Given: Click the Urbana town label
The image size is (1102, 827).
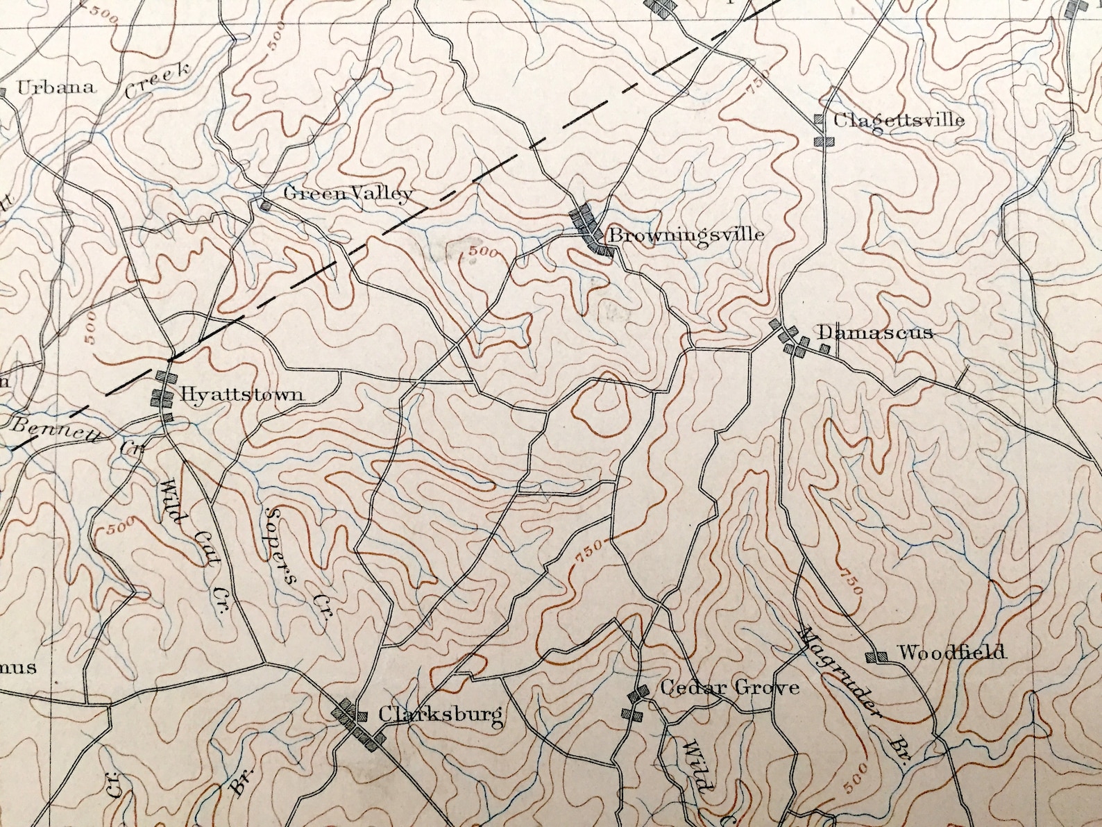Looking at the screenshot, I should pos(56,87).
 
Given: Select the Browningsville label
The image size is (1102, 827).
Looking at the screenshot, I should pos(686,235).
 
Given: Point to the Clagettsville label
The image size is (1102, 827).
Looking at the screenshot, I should pos(898,120).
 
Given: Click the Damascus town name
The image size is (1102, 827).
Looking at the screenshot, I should pos(875,333).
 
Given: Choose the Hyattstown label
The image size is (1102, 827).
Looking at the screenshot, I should pos(241,394).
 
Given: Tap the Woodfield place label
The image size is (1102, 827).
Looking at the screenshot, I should pos(951,653).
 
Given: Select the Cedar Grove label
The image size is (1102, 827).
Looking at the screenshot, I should pos(729,688).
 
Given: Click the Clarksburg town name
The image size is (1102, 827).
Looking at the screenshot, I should pos(440,714).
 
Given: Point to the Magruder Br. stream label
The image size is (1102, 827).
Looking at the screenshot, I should pos(854,694).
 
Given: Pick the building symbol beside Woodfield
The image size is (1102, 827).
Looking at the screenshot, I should pos(877,655).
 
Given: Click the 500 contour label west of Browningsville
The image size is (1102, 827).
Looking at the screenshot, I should pos(482,252).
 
